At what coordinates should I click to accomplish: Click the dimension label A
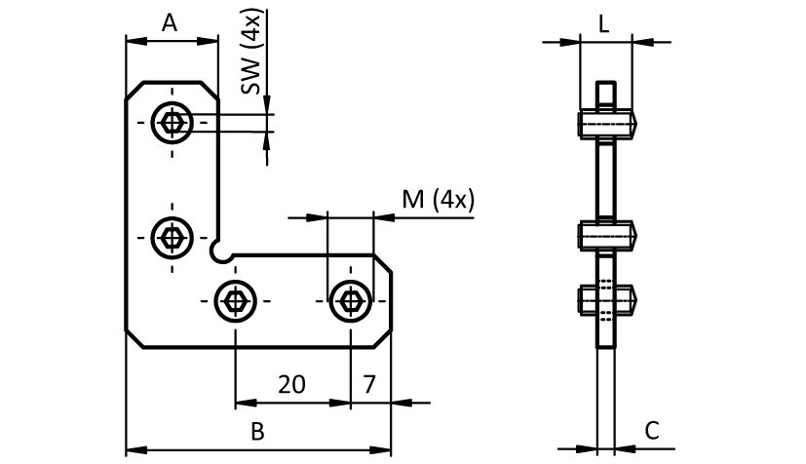(x=169, y=22)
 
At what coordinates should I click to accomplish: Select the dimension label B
(x=257, y=432)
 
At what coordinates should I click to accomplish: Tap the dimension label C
(x=653, y=430)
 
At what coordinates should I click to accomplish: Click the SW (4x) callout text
(x=252, y=54)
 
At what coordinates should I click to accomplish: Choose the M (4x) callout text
(x=438, y=200)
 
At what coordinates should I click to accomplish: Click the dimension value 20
(x=290, y=384)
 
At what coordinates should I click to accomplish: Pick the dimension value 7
(x=369, y=384)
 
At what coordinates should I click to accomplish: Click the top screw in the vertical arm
(x=173, y=123)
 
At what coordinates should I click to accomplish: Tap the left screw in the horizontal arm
(x=235, y=298)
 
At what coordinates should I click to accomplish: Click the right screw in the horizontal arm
(x=349, y=298)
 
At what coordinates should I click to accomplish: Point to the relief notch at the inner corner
(x=221, y=251)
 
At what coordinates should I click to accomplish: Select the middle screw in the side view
(x=606, y=236)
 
